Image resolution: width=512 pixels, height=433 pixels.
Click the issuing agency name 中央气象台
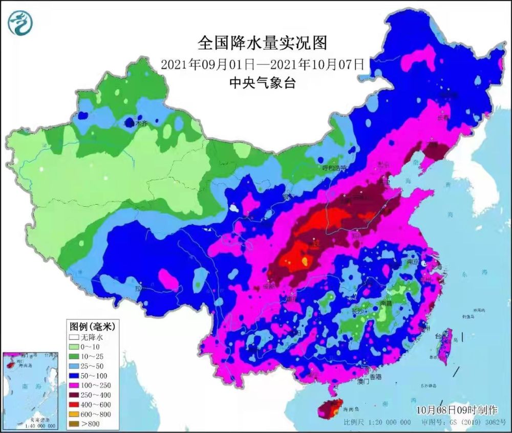tap(262, 83)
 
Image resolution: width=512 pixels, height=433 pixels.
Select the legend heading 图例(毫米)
tap(92, 326)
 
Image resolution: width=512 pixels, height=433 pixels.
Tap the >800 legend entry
tap(91, 423)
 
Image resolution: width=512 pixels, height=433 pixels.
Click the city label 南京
tap(414, 262)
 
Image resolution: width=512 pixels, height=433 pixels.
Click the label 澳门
tap(363, 381)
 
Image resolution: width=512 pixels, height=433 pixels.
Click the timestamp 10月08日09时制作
tap(456, 410)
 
